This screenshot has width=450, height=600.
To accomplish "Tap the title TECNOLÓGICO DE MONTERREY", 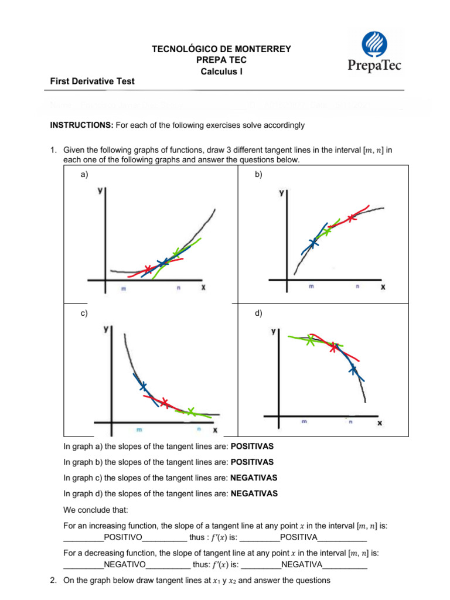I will tap(221, 49).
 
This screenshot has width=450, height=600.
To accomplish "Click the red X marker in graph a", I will tap(148, 270).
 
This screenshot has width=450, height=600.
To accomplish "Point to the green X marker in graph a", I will tap(176, 253).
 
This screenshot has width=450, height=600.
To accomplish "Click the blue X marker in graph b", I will tap(313, 242).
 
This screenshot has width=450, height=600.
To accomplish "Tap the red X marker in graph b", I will tap(351, 219).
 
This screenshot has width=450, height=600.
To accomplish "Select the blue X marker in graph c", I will tap(143, 386).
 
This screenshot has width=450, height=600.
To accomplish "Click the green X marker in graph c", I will tap(190, 411).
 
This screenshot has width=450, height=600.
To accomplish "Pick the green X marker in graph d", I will tap(310, 341).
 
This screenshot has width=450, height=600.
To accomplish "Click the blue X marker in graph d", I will tap(353, 369).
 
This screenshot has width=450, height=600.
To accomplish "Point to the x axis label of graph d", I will tap(380, 422).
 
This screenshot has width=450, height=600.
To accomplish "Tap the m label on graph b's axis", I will tap(311, 287).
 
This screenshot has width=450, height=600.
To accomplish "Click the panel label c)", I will tap(84, 313).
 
